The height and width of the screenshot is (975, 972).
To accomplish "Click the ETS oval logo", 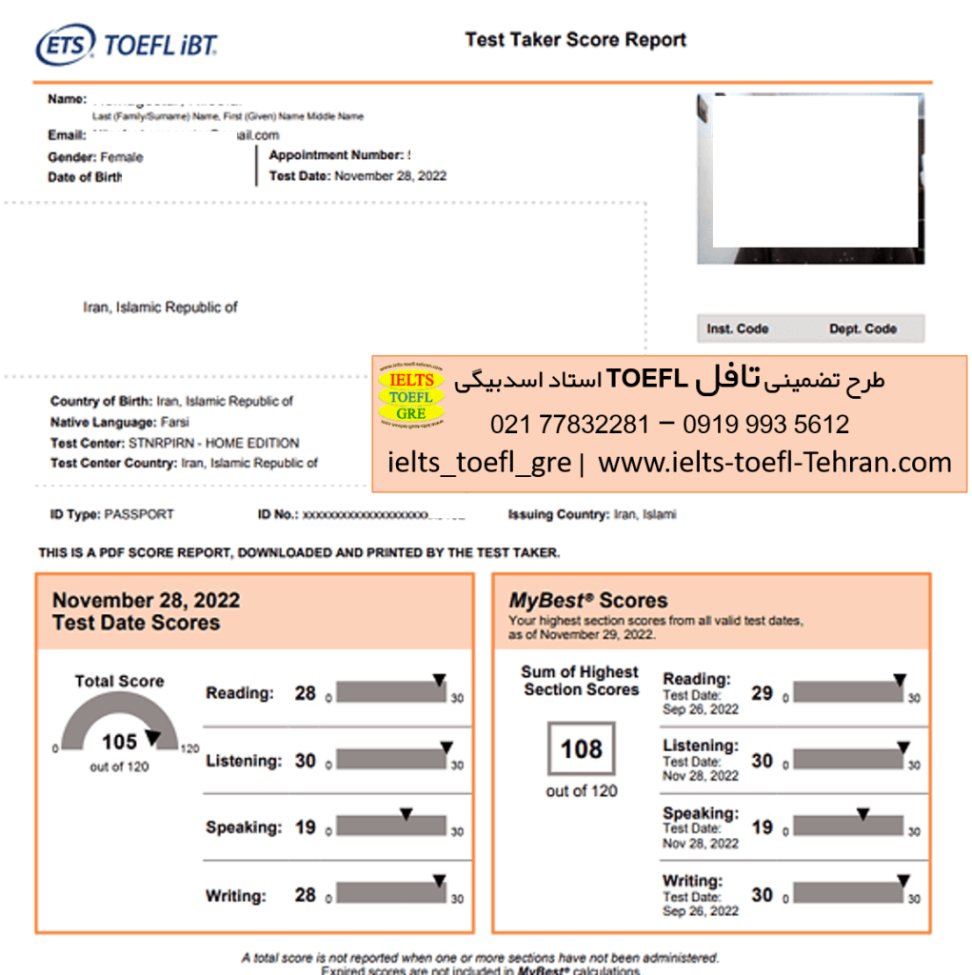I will [66, 45].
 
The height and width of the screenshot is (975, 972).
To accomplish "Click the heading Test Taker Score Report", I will [575, 40].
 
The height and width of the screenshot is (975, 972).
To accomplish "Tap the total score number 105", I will [119, 742].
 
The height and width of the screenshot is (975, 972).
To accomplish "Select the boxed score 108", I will [581, 749].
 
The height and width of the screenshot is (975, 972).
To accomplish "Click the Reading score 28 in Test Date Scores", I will [305, 693].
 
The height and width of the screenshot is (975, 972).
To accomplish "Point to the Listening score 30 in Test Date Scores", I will [305, 761].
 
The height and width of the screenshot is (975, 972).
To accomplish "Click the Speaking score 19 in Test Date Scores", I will [305, 827].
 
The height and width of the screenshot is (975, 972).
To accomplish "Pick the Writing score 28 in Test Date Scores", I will [305, 895].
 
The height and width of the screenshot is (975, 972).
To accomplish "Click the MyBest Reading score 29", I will [762, 693].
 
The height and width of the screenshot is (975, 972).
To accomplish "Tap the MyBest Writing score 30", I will [762, 895].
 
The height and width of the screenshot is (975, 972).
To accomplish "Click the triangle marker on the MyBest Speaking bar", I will [863, 814].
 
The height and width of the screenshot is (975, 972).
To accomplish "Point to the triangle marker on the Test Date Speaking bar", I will [406, 814].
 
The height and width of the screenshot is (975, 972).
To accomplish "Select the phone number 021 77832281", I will [569, 425].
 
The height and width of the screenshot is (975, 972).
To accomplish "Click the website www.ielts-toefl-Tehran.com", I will [775, 464].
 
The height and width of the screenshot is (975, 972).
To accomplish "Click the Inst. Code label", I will [737, 329].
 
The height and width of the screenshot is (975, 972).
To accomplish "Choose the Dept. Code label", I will [863, 329].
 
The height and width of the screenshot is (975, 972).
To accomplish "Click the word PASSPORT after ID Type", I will [139, 514].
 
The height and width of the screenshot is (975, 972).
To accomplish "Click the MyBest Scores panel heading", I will [587, 601].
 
